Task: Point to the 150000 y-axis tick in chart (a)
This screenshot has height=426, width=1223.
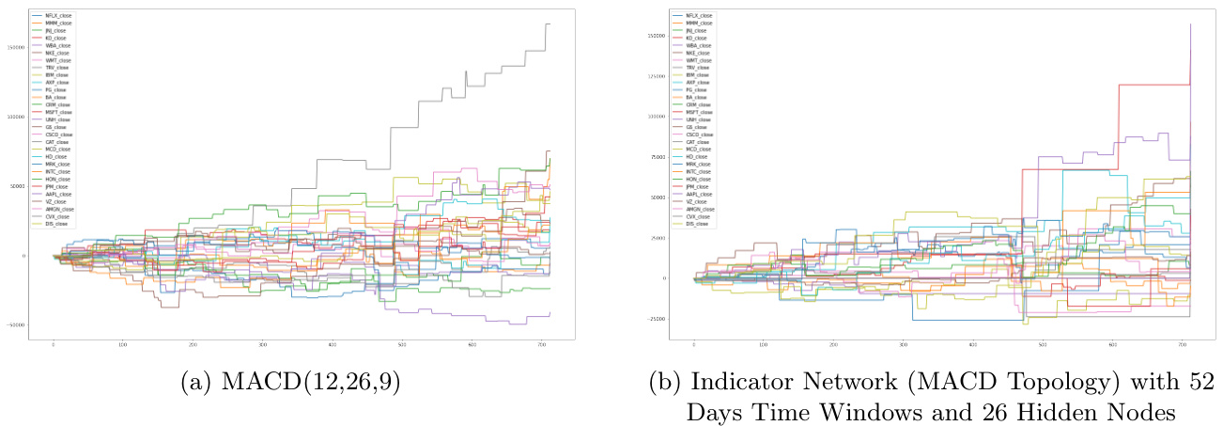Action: (16, 47)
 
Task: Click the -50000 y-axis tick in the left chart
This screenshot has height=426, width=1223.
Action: (16, 324)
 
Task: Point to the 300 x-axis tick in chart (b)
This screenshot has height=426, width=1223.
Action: (903, 345)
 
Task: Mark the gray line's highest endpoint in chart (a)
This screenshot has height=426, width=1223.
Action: (549, 24)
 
